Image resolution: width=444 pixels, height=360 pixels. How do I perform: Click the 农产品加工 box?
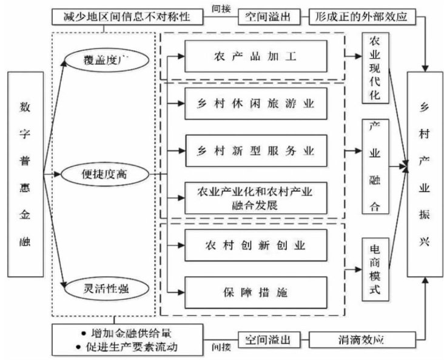[x=255, y=57]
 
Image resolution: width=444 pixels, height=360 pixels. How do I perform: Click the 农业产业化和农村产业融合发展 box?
[x=255, y=198]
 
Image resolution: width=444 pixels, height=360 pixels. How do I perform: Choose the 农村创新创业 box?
[x=255, y=245]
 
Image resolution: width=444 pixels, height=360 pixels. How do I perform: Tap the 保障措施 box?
[x=255, y=293]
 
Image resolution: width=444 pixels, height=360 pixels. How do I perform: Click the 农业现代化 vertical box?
[x=373, y=68]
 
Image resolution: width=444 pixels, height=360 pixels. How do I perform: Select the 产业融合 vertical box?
[x=374, y=167]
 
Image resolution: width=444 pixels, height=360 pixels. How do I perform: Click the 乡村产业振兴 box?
[x=424, y=175]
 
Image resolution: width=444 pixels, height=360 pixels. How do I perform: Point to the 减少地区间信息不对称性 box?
[x=126, y=16]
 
